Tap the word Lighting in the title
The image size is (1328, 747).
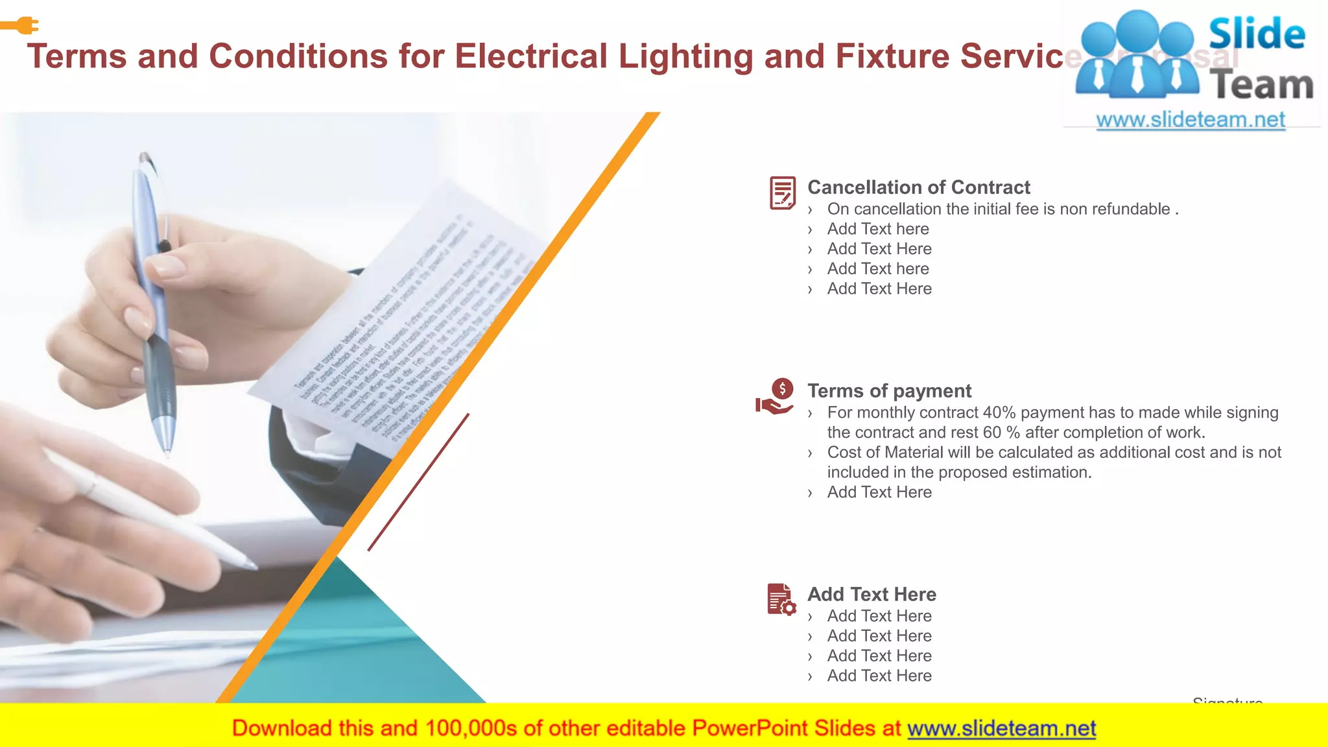685,56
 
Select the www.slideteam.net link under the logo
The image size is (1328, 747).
1191,120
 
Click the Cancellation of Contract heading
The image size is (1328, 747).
918,187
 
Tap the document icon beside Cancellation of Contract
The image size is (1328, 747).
782,193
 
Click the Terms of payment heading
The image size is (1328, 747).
889,391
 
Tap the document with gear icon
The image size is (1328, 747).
781,599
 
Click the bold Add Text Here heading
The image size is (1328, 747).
871,595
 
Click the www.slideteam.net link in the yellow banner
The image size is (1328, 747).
1001,728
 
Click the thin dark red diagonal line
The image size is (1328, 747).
418,482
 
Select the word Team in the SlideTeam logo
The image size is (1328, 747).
1261,85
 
